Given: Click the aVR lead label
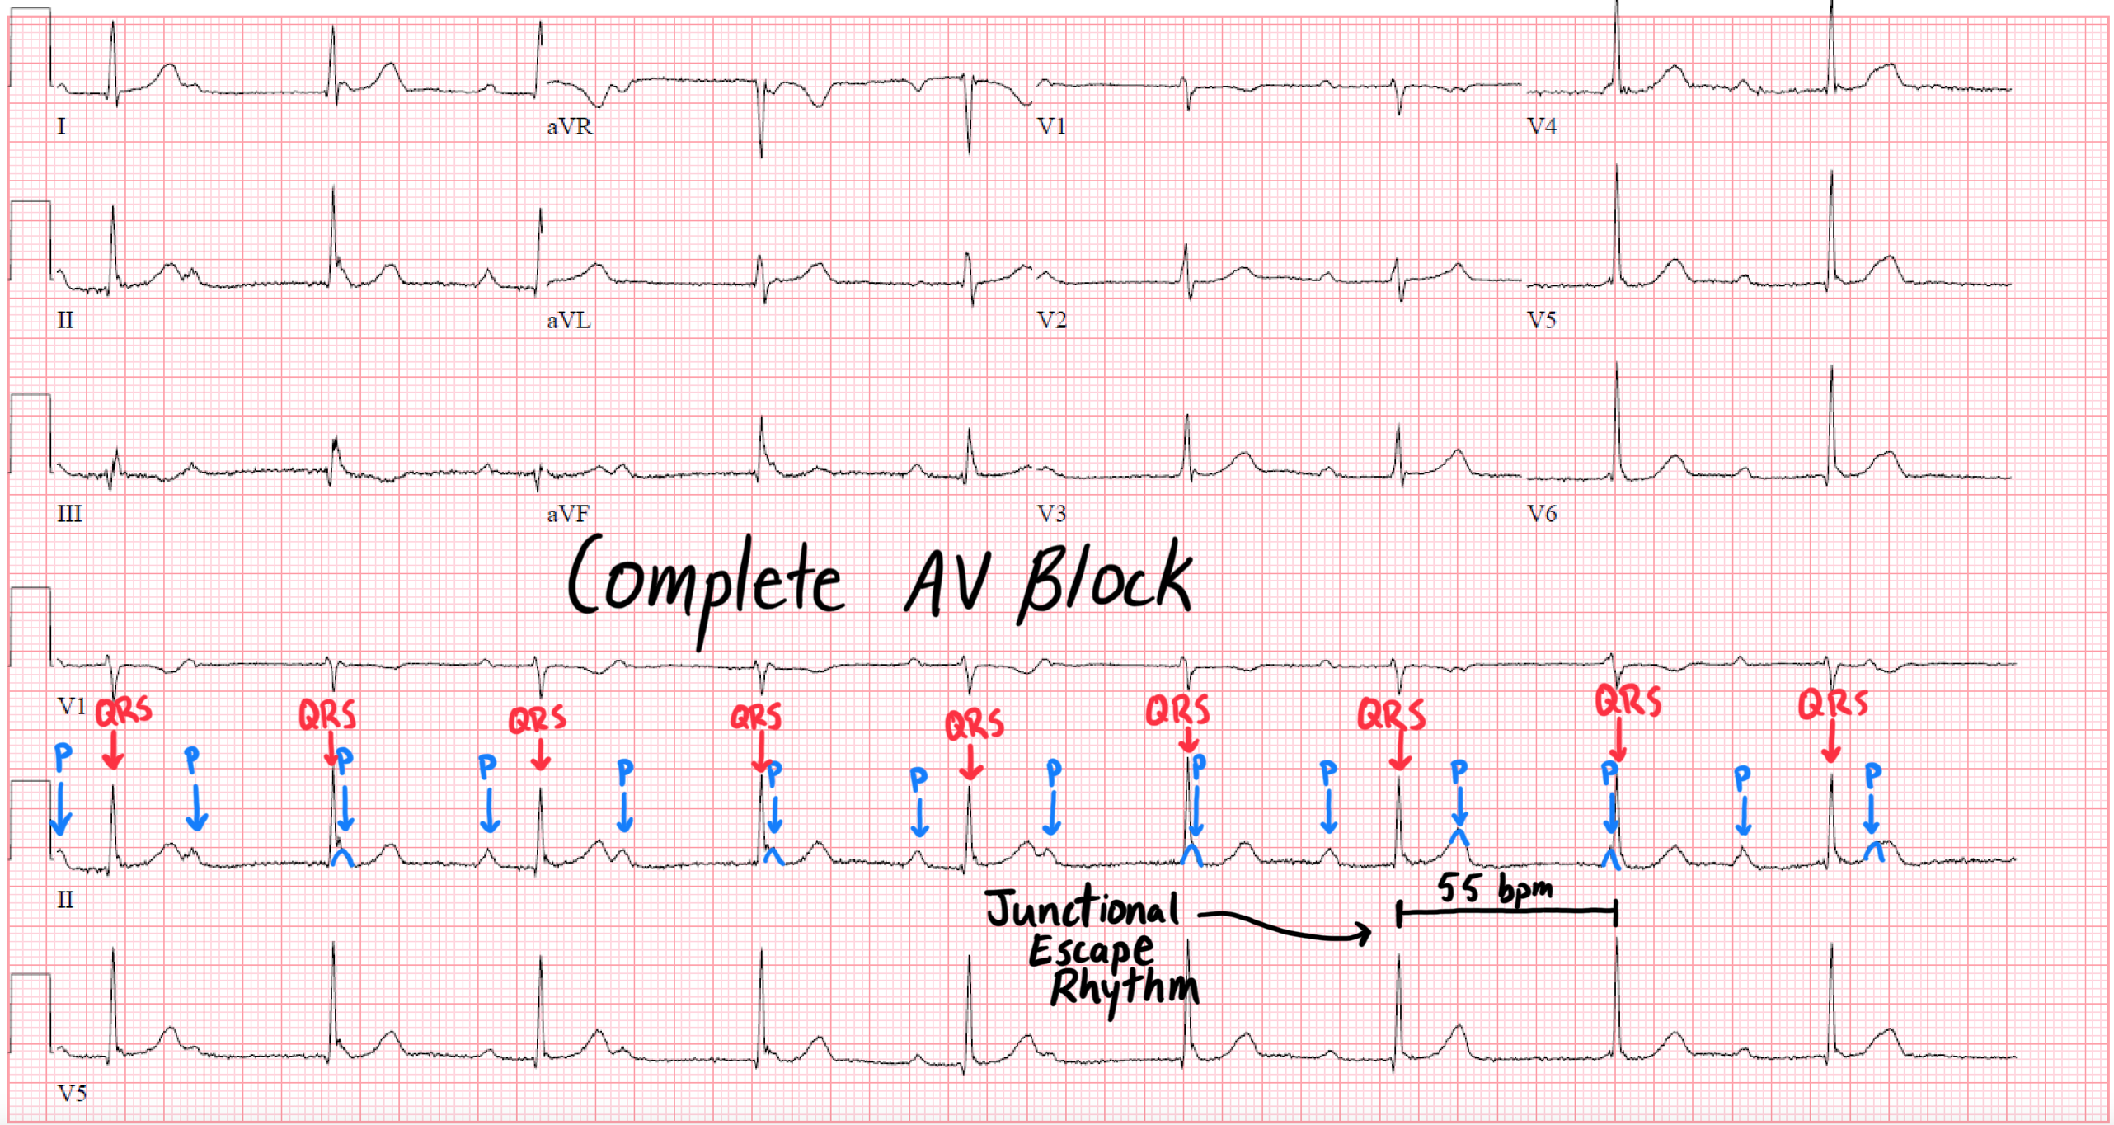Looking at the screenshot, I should coord(569,126).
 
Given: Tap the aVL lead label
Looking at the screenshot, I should coord(569,320).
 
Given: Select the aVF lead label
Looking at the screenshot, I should coord(568,514).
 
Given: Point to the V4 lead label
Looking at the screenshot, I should coord(1541,126).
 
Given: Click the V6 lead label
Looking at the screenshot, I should coord(1541,514).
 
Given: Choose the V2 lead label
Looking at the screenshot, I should coord(1051,320).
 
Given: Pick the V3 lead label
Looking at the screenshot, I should coord(1051,514).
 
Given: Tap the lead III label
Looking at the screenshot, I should coord(69,514).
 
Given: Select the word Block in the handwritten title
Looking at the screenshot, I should coord(1105,581).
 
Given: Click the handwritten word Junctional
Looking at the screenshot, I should coord(1082,907).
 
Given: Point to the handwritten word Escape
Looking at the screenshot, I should coord(1090,950).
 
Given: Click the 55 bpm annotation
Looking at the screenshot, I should coord(1494,888).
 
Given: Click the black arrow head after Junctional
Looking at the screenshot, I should coord(1363,933).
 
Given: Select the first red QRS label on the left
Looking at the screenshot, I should coord(124,712).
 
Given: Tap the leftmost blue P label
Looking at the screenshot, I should coord(63,756).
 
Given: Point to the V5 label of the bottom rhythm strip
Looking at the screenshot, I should coord(72,1093).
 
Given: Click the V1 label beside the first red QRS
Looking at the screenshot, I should coord(72,706).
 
